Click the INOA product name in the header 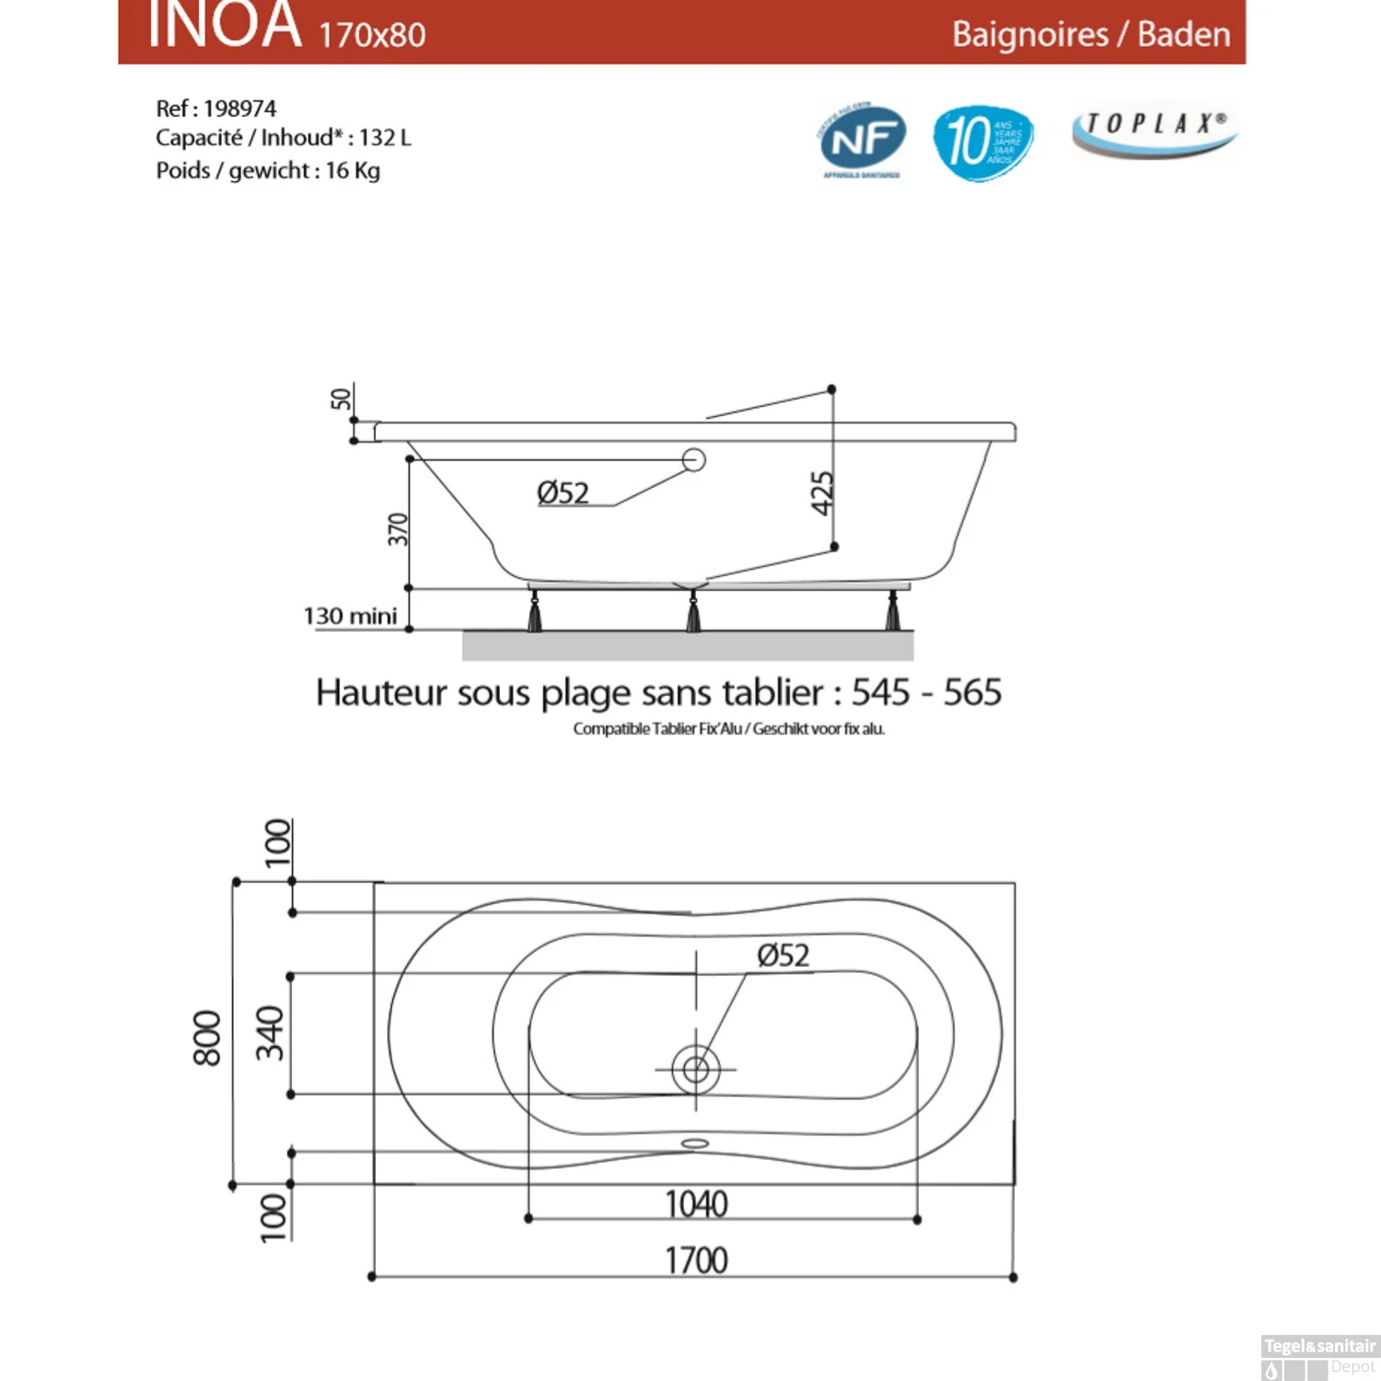tap(225, 25)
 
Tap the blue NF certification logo tap(863, 141)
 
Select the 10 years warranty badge tap(982, 142)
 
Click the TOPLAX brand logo tap(1155, 130)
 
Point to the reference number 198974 tap(239, 109)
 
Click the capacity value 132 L tap(385, 138)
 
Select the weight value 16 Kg tap(353, 171)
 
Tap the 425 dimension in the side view tap(821, 493)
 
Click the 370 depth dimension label tap(397, 529)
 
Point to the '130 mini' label tap(350, 616)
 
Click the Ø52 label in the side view tap(563, 493)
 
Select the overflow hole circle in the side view tap(694, 459)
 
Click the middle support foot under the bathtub tap(693, 612)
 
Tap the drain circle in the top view tap(696, 1069)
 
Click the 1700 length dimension tap(696, 1260)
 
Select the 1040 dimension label tap(696, 1204)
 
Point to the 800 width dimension tap(207, 1038)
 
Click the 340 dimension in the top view tap(270, 1033)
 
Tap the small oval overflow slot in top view tap(695, 1143)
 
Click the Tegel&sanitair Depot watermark tap(1319, 1356)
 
